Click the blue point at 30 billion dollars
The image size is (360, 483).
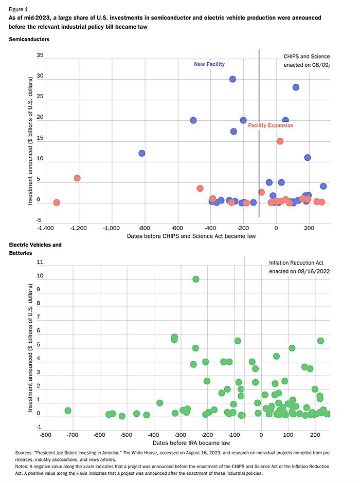coord(232,79)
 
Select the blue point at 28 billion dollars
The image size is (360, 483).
coord(296,87)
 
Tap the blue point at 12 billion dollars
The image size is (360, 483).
coord(142,153)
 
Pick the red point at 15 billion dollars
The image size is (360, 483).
coord(280,141)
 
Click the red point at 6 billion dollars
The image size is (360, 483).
coord(77,178)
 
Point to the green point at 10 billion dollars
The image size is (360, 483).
coord(196,279)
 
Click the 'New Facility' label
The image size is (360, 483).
coord(209,64)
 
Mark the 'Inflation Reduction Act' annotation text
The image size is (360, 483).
coord(296,263)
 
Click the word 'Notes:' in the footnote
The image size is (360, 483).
coord(23,466)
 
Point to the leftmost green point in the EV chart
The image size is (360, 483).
coord(68,411)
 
